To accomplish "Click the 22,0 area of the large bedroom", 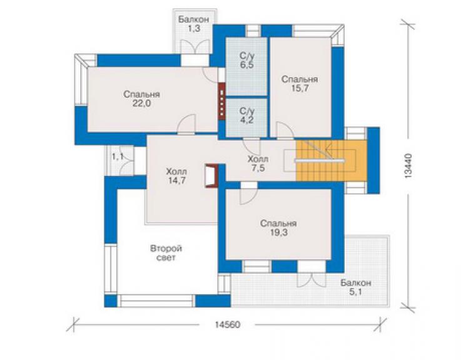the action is (141, 104).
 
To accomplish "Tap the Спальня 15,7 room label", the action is (300, 84).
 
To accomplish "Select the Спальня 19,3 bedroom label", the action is (278, 228).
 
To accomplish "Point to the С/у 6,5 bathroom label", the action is (247, 61).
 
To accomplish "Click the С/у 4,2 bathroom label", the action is (247, 116).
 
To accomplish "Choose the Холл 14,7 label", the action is (176, 176).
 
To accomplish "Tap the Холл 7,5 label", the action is (258, 164).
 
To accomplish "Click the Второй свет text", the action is (166, 253).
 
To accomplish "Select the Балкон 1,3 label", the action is (194, 24).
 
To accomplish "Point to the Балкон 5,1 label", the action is (356, 287).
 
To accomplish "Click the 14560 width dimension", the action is (227, 324).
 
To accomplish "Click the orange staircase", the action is (331, 160).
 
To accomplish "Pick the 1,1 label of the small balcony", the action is (117, 157).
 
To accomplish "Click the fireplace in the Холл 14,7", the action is (211, 175).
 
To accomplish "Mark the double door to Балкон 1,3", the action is (195, 47).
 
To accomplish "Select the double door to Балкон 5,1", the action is (311, 279).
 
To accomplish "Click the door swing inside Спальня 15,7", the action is (284, 130).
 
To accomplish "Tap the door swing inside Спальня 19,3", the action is (248, 196).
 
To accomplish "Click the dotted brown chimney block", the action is (221, 101).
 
